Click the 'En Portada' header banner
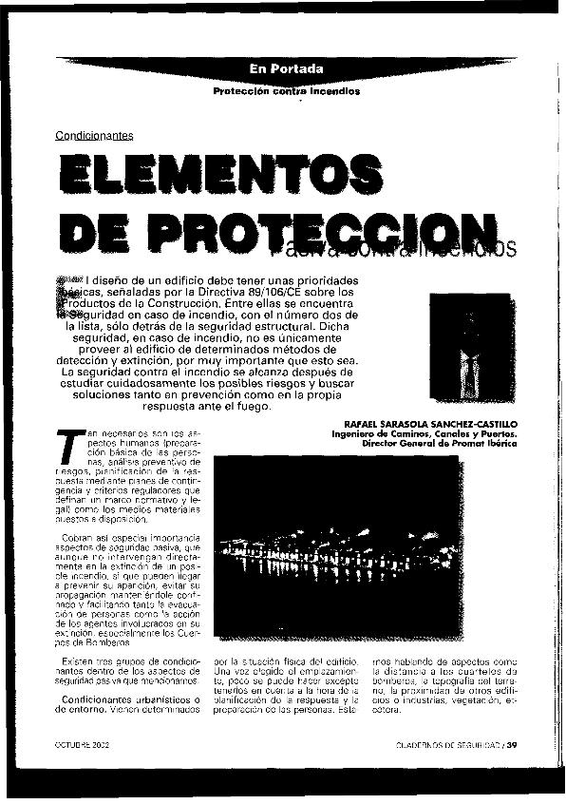tap(287, 69)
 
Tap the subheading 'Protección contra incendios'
tap(287, 92)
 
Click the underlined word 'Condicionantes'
tap(94, 136)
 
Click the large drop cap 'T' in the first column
tap(66, 446)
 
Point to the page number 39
tap(513, 744)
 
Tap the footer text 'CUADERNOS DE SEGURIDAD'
tap(447, 744)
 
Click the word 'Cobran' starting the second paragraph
tap(77, 539)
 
